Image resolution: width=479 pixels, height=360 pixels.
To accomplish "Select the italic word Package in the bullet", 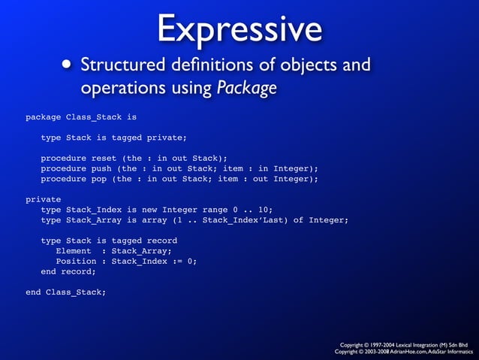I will click(x=247, y=88).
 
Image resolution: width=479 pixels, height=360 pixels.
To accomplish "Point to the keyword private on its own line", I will click(x=44, y=199).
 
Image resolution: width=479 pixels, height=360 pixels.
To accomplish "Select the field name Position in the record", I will click(x=76, y=261).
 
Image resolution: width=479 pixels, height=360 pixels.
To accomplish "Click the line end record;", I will click(x=68, y=271).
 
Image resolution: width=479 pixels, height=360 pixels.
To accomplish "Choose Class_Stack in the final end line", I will click(x=76, y=292).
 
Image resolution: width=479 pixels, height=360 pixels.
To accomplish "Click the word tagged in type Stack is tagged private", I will click(x=129, y=138).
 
